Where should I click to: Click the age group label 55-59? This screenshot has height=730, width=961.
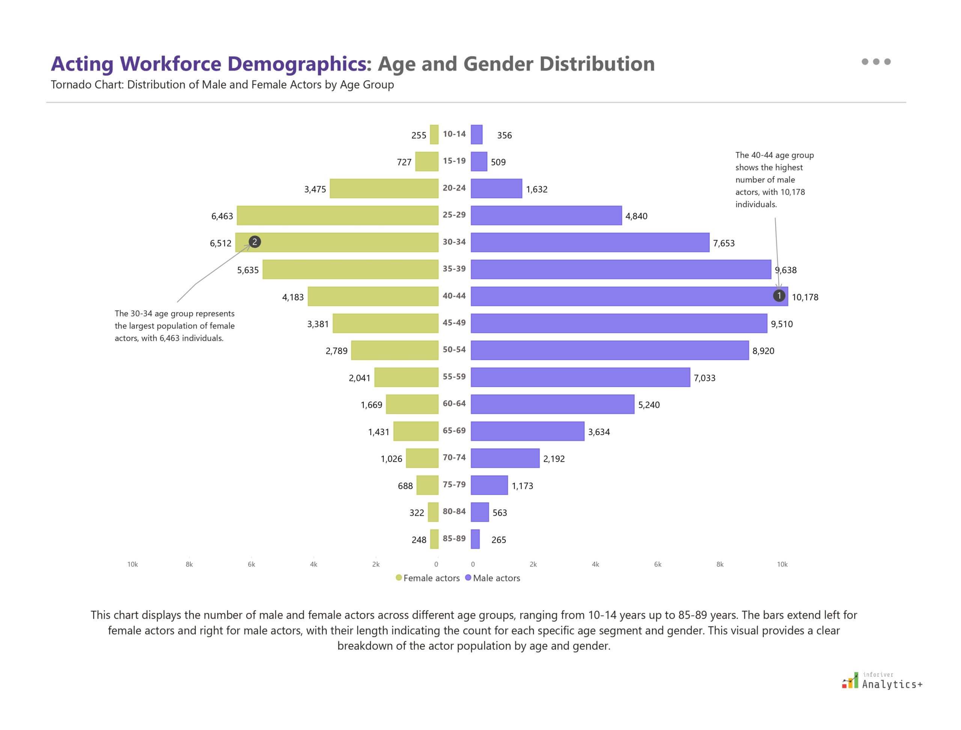point(454,377)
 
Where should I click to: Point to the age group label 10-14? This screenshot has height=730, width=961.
point(454,134)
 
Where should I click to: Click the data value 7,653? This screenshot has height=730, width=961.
point(723,243)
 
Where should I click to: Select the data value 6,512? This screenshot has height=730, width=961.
point(220,243)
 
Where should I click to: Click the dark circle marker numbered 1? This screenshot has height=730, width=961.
point(779,296)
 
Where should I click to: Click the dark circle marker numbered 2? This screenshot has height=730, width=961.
point(255,242)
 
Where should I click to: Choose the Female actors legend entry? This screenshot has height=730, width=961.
point(427,578)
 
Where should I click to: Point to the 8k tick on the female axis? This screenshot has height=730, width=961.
point(189,564)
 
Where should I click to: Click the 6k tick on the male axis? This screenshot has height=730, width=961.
point(657,564)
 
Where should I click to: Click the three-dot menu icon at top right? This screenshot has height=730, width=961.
point(876,62)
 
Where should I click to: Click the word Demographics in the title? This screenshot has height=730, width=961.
point(297,64)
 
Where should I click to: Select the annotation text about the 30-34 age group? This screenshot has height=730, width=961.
point(174,325)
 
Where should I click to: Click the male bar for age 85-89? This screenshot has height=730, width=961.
point(475,539)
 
